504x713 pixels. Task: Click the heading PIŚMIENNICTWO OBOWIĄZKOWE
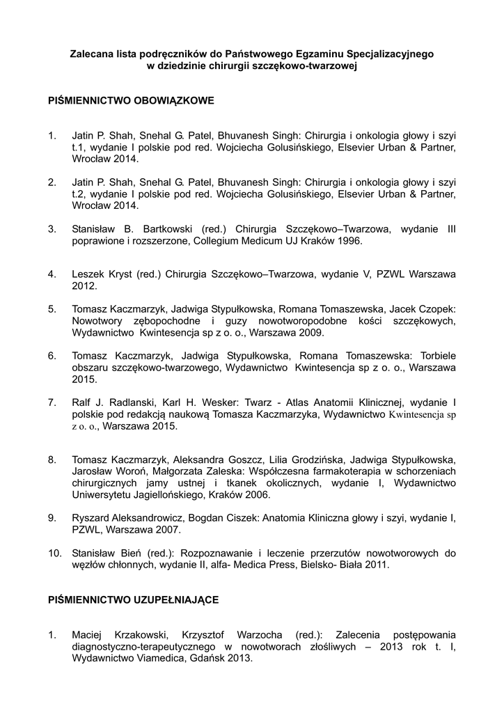pos(131,101)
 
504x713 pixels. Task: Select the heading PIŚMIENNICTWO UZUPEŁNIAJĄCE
pos(133,599)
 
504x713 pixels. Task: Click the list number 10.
pos(54,554)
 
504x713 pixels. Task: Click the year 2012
pos(84,285)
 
